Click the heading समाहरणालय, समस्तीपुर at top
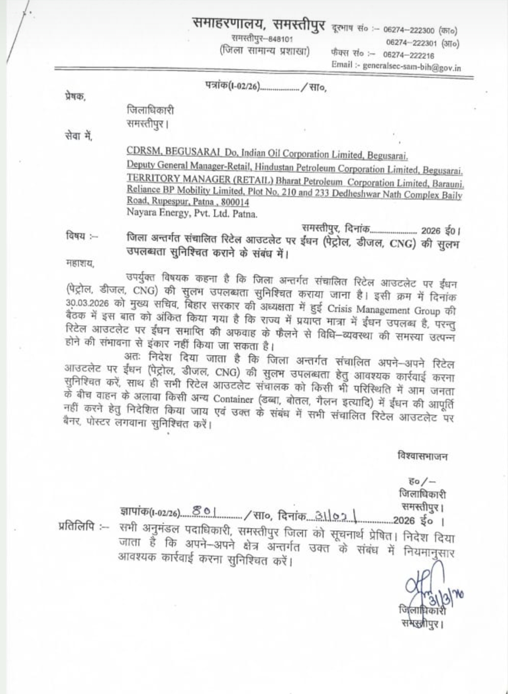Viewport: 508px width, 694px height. click(x=259, y=23)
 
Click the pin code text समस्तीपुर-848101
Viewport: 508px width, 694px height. click(x=262, y=39)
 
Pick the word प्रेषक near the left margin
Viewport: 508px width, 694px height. click(x=75, y=96)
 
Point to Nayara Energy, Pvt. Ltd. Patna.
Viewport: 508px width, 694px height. click(x=192, y=214)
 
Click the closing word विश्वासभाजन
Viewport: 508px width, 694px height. click(x=422, y=456)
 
